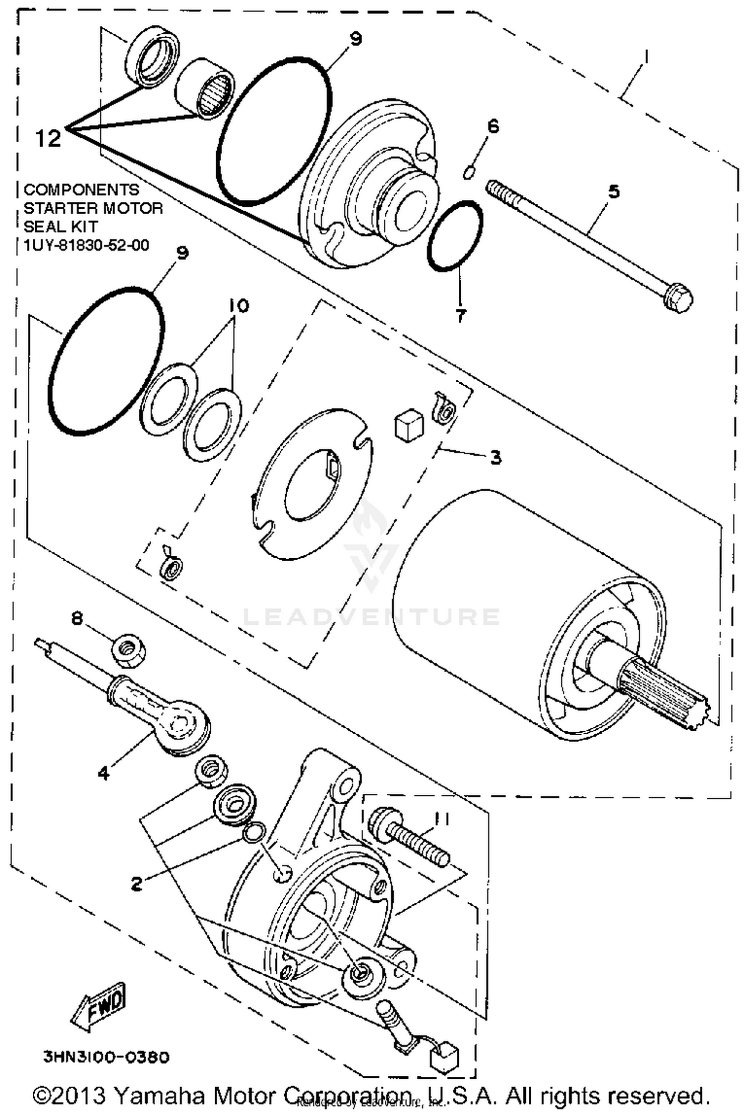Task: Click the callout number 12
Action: pos(48,138)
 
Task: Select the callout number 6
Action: pos(493,126)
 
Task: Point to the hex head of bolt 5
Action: pos(679,299)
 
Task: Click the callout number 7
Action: pos(461,315)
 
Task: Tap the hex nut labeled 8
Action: pos(130,654)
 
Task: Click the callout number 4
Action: pos(103,772)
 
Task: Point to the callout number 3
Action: pos(495,457)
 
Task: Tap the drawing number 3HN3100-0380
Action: pos(107,1057)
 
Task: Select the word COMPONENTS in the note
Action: pos(82,189)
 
